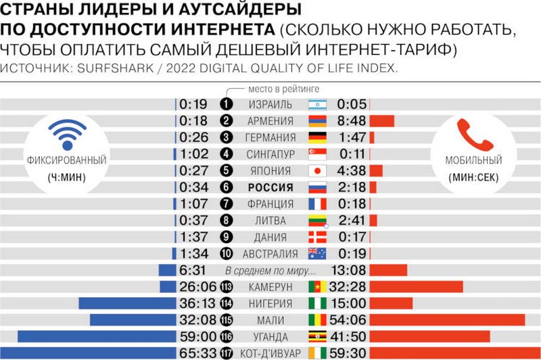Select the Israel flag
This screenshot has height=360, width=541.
[317, 104]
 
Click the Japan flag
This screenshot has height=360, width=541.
[317, 171]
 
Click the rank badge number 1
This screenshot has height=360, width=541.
[226, 104]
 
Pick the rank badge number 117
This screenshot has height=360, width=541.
[226, 353]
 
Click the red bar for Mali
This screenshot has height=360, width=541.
[447, 320]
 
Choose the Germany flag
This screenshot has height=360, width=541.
[317, 137]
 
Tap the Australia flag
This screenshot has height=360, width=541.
[317, 254]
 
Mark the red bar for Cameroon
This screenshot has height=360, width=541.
[416, 287]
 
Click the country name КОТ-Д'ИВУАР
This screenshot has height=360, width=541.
[270, 353]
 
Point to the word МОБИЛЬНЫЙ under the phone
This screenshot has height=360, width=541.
[473, 161]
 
